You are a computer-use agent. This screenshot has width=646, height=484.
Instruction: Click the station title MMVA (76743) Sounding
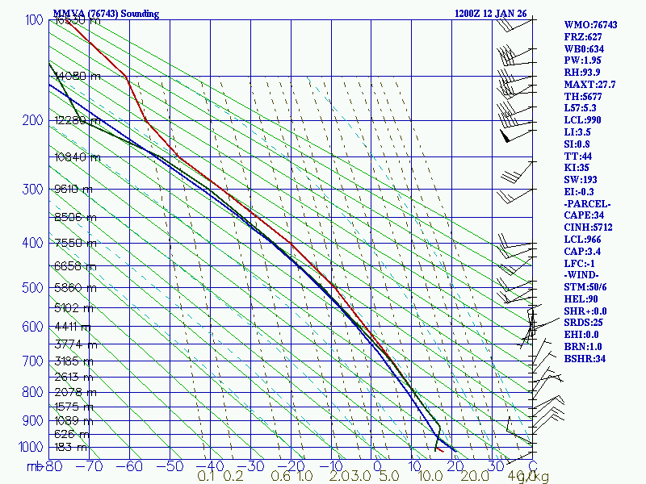[x=106, y=14]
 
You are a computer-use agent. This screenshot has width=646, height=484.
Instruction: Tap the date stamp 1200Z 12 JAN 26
[x=491, y=14]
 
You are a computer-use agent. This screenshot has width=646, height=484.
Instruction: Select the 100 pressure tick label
[x=34, y=19]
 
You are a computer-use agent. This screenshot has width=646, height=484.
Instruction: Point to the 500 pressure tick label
[x=34, y=288]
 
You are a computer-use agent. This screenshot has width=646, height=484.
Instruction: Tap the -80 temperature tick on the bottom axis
[x=53, y=465]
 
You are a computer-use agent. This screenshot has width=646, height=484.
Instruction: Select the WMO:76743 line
[x=590, y=25]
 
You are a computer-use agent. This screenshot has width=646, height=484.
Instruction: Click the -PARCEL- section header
[x=587, y=203]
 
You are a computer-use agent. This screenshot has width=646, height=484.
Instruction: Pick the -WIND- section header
[x=583, y=274]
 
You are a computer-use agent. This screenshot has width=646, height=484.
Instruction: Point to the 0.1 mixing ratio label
[x=206, y=476]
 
